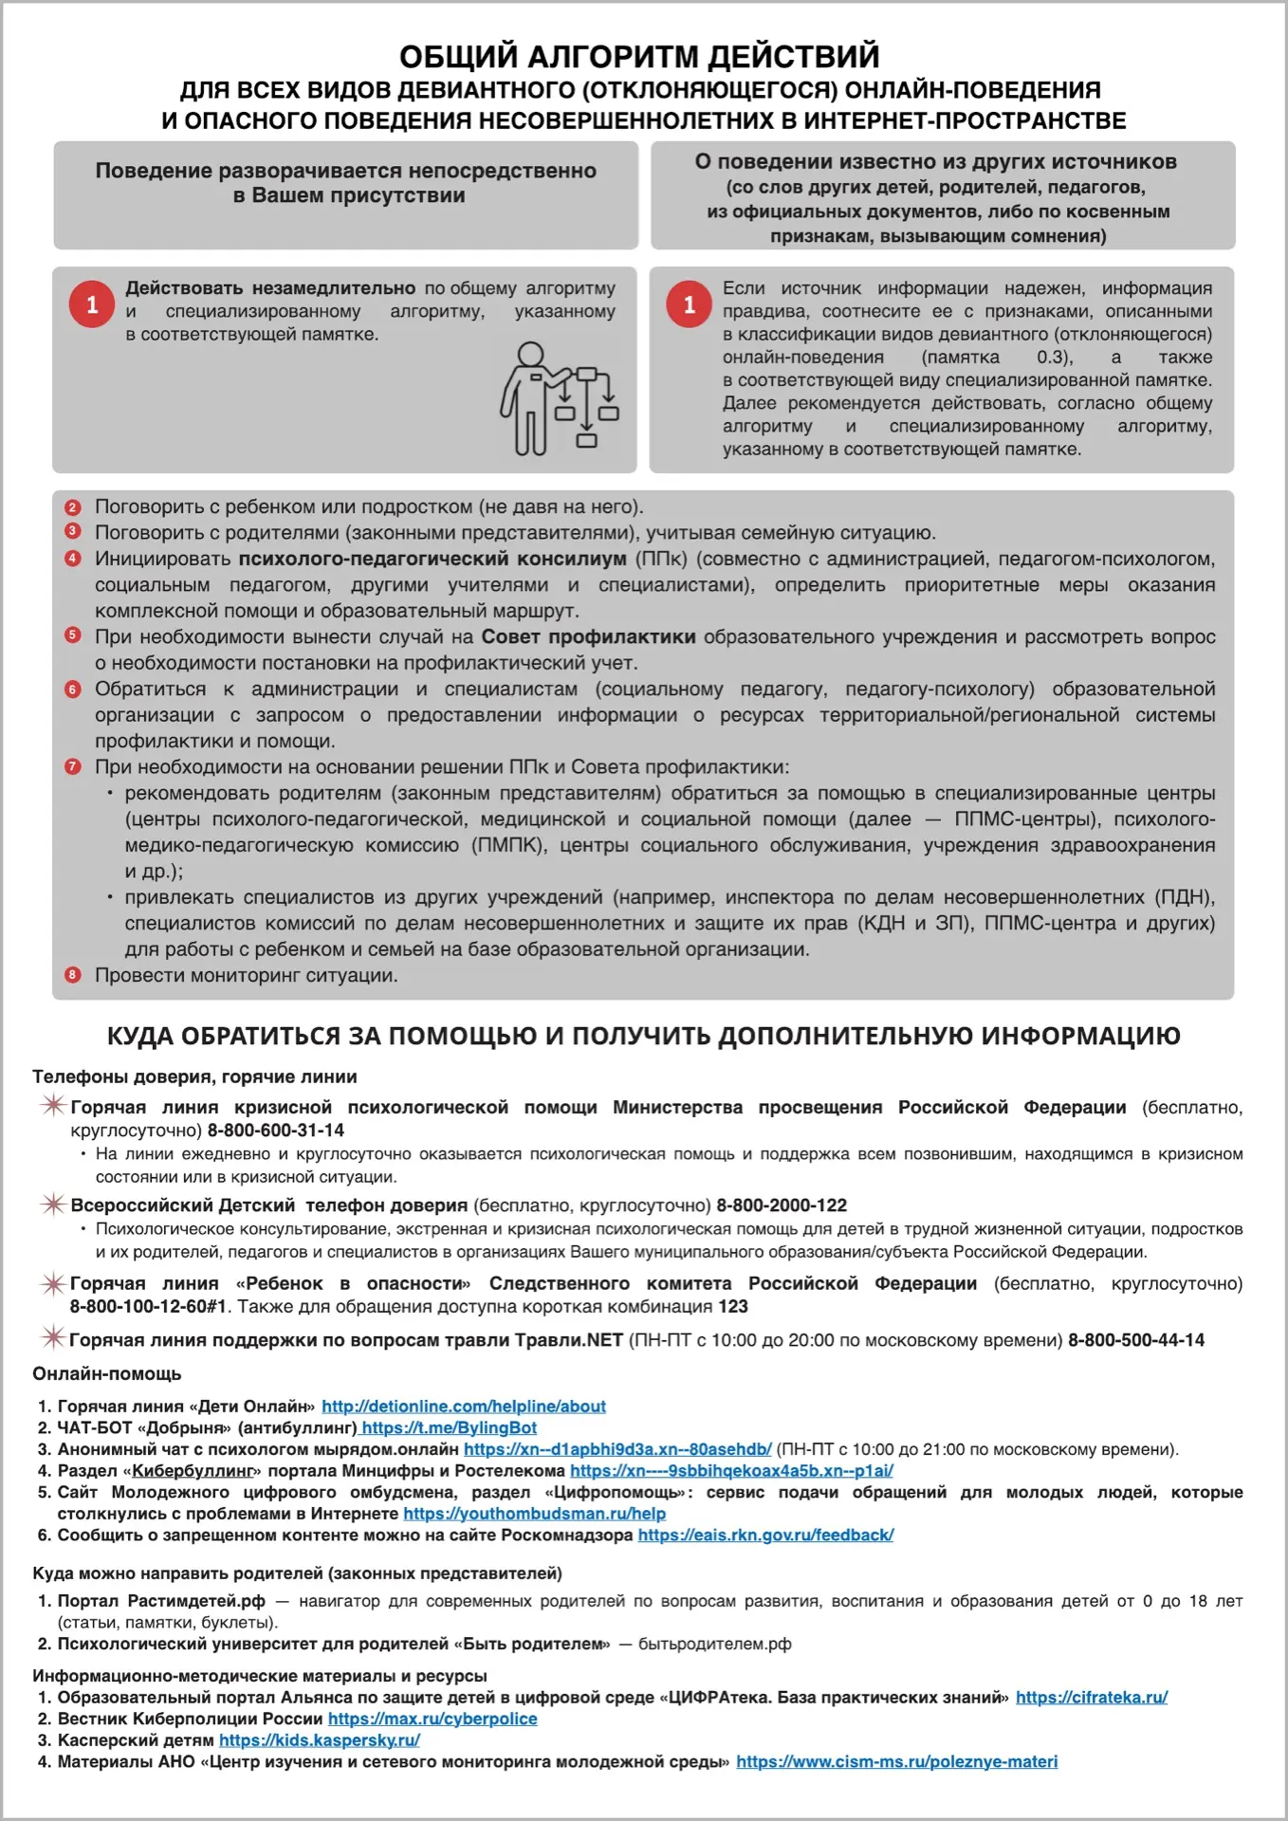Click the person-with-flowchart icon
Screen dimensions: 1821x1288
click(x=560, y=399)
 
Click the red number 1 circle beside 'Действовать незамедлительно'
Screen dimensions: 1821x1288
click(x=92, y=304)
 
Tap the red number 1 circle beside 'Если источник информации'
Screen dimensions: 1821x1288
click(x=689, y=304)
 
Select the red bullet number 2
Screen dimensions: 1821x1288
click(x=73, y=507)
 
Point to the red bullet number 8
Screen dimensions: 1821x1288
click(x=73, y=975)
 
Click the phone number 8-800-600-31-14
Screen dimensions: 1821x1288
click(x=276, y=1131)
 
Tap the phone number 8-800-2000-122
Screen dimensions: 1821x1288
click(x=782, y=1205)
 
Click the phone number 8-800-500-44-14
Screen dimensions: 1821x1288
click(x=1136, y=1340)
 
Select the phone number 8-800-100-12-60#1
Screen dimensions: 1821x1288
click(x=148, y=1307)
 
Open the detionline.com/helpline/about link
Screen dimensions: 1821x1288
click(x=463, y=1407)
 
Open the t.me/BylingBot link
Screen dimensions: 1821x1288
click(x=449, y=1428)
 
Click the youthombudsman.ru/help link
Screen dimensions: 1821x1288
click(x=534, y=1514)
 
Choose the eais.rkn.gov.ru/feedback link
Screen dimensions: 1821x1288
click(x=765, y=1535)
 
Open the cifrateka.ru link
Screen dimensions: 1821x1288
click(x=1092, y=1697)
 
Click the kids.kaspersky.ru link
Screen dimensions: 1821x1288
click(x=319, y=1740)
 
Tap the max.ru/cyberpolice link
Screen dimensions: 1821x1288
click(x=432, y=1719)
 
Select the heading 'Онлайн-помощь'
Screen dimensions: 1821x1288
click(x=106, y=1373)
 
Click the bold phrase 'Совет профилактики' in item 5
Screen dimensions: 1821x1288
click(x=588, y=637)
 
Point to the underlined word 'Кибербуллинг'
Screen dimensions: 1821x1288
click(x=195, y=1471)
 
